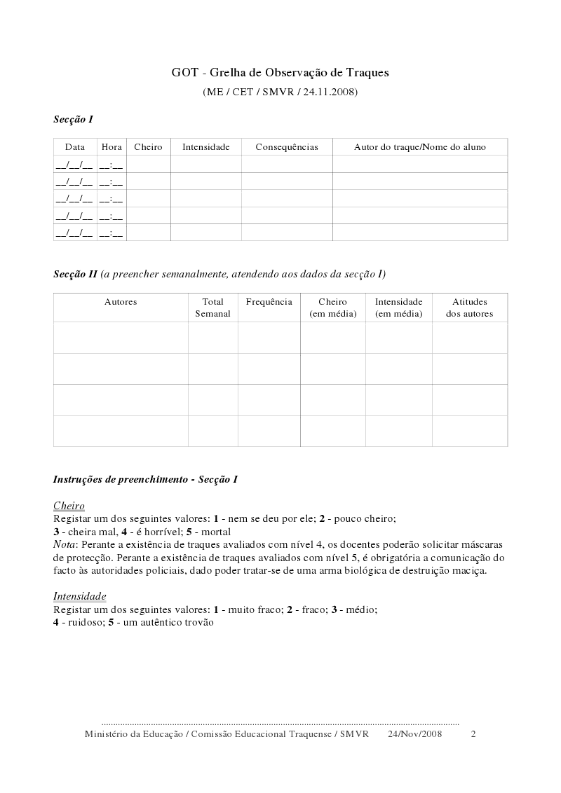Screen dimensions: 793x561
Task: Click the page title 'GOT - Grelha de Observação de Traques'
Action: coord(280,72)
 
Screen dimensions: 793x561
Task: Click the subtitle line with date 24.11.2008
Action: coord(280,92)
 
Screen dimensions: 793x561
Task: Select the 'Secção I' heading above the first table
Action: coord(73,120)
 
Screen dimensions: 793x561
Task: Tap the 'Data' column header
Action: coord(75,147)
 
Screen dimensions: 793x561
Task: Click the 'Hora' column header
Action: coord(111,147)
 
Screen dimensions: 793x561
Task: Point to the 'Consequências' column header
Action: coord(287,147)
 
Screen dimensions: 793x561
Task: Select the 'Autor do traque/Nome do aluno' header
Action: coord(419,147)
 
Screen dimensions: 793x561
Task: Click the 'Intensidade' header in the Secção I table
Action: coord(206,147)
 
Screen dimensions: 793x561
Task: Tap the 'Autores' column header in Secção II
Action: coord(121,302)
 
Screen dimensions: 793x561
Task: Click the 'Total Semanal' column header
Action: coord(212,308)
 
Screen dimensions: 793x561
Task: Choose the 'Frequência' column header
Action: coord(269,302)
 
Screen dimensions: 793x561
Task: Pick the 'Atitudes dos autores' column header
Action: coord(469,308)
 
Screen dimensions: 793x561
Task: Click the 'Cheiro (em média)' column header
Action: coord(332,308)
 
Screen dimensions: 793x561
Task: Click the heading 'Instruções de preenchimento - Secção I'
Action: coord(145,480)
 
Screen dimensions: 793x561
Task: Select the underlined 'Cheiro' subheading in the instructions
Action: coord(69,506)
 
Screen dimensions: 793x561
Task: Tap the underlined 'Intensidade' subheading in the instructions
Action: coord(80,596)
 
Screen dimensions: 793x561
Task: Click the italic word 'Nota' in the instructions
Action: coord(65,544)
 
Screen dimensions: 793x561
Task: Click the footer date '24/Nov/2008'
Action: coord(415,734)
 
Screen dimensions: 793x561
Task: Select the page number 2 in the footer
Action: coord(473,734)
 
